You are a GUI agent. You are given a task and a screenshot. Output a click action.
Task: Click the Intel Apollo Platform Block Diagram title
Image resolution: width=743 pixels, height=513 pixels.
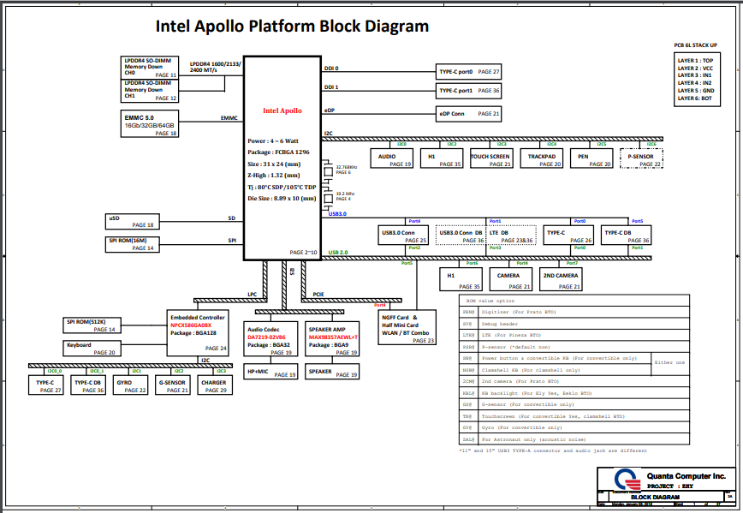(292, 26)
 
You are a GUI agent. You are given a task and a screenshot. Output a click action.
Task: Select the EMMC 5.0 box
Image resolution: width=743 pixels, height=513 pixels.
(151, 124)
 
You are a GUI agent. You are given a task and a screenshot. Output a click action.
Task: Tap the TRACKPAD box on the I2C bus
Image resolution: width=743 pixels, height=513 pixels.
(544, 158)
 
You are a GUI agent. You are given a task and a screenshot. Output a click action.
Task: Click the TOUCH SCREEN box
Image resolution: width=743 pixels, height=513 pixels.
(490, 158)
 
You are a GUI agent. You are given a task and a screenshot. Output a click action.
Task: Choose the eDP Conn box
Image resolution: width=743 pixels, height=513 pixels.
(469, 113)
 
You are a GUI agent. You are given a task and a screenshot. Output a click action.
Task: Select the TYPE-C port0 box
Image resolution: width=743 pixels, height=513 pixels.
(469, 72)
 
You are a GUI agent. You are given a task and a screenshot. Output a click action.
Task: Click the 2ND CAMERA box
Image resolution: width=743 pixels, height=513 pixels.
(561, 280)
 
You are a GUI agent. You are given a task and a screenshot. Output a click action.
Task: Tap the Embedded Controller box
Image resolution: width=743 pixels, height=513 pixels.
(198, 331)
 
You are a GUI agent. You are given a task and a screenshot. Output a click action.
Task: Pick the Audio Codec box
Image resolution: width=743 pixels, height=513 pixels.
(271, 338)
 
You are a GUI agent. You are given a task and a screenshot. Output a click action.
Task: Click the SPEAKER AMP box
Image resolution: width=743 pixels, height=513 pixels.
(333, 338)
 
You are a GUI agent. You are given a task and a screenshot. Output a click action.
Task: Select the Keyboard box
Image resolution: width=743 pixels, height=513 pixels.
(91, 349)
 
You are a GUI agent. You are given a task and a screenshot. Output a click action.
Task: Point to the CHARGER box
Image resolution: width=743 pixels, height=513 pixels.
(213, 386)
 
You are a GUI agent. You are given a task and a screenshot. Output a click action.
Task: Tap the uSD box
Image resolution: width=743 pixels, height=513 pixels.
(130, 221)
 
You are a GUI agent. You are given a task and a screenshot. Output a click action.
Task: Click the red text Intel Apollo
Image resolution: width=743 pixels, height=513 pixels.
(282, 111)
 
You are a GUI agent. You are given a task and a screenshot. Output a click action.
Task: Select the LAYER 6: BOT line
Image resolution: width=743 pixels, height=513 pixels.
(695, 98)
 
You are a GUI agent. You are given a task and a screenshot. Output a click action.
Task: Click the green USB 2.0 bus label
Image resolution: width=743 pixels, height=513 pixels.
(338, 253)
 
